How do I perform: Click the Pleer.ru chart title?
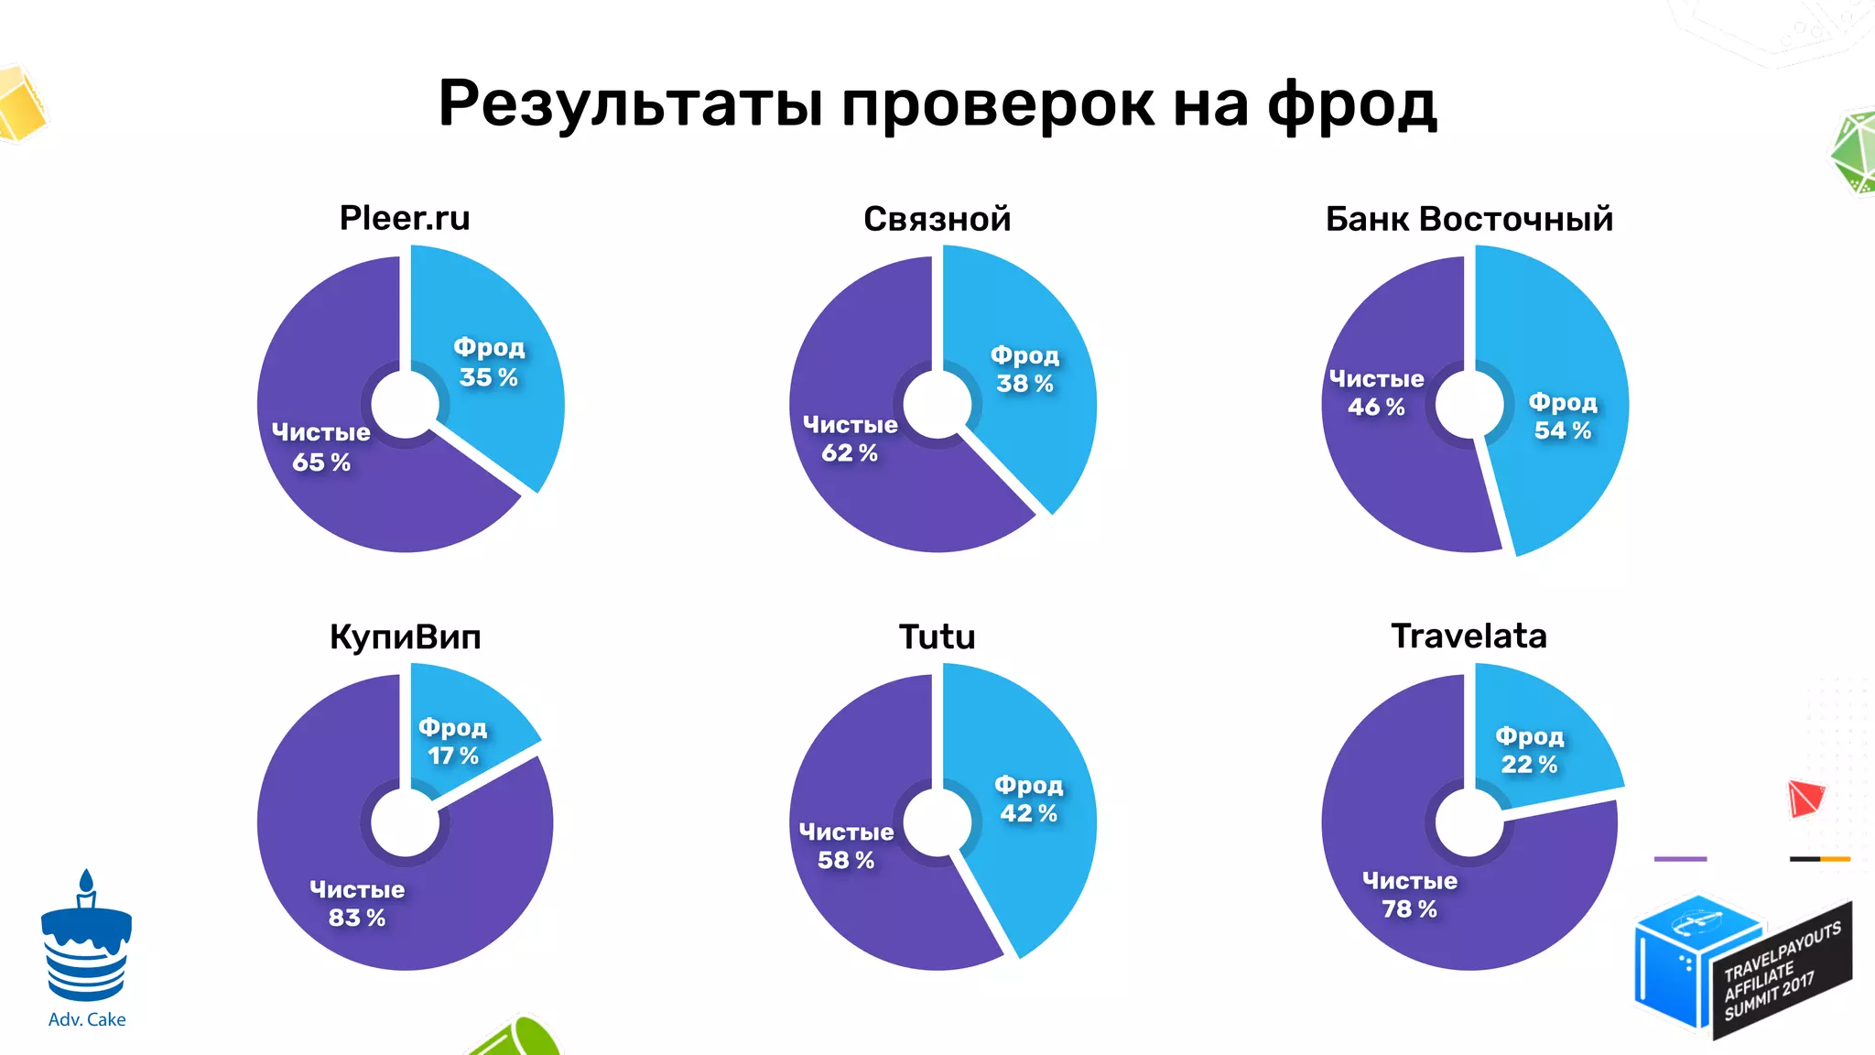click(405, 218)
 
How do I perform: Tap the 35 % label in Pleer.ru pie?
click(488, 377)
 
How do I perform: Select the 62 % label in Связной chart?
click(849, 452)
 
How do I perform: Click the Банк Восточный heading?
click(1469, 219)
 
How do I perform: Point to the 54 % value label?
click(1562, 430)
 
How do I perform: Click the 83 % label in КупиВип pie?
click(356, 918)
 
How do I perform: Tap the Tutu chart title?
click(937, 636)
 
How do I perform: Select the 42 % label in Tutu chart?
click(1027, 813)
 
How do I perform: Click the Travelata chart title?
click(1469, 636)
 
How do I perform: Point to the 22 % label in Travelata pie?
click(1528, 765)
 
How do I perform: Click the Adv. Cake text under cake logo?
click(87, 1019)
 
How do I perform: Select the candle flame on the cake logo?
click(86, 880)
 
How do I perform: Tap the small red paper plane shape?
click(1805, 798)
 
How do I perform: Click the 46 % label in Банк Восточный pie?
click(1375, 408)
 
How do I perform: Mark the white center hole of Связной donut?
click(937, 404)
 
